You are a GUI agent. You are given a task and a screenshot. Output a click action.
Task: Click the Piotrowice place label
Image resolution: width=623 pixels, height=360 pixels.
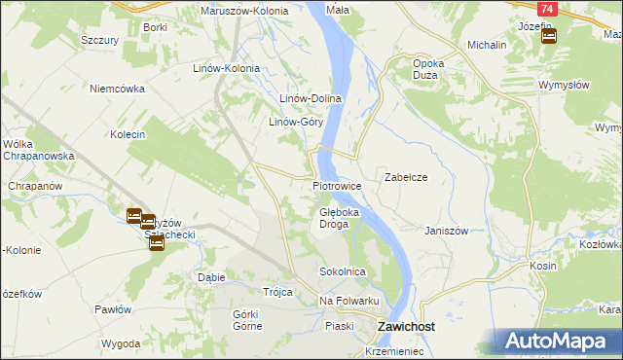pos(338,185)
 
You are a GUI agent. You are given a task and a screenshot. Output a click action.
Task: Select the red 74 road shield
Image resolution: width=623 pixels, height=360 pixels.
pos(548,9)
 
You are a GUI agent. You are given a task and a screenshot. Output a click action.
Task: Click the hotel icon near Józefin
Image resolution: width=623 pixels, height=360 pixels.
pos(549,37)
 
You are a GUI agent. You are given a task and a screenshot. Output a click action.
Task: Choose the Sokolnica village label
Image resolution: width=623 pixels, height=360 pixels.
pos(342,271)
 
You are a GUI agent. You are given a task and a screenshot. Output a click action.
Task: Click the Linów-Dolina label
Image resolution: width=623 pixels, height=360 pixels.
pos(310,99)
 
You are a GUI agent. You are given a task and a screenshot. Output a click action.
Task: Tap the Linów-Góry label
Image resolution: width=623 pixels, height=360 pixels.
pos(296,123)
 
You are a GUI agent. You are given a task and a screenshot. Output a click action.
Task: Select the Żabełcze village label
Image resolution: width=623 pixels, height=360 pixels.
pos(406,178)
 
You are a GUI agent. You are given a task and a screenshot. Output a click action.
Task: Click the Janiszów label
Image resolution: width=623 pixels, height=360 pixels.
pos(447,231)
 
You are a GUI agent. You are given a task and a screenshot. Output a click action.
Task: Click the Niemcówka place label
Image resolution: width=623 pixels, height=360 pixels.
pos(117,88)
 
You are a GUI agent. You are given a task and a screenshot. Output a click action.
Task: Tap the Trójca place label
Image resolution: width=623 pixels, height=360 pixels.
pos(277,292)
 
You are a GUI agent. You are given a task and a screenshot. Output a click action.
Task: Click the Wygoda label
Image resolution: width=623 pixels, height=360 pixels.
pos(121,344)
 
